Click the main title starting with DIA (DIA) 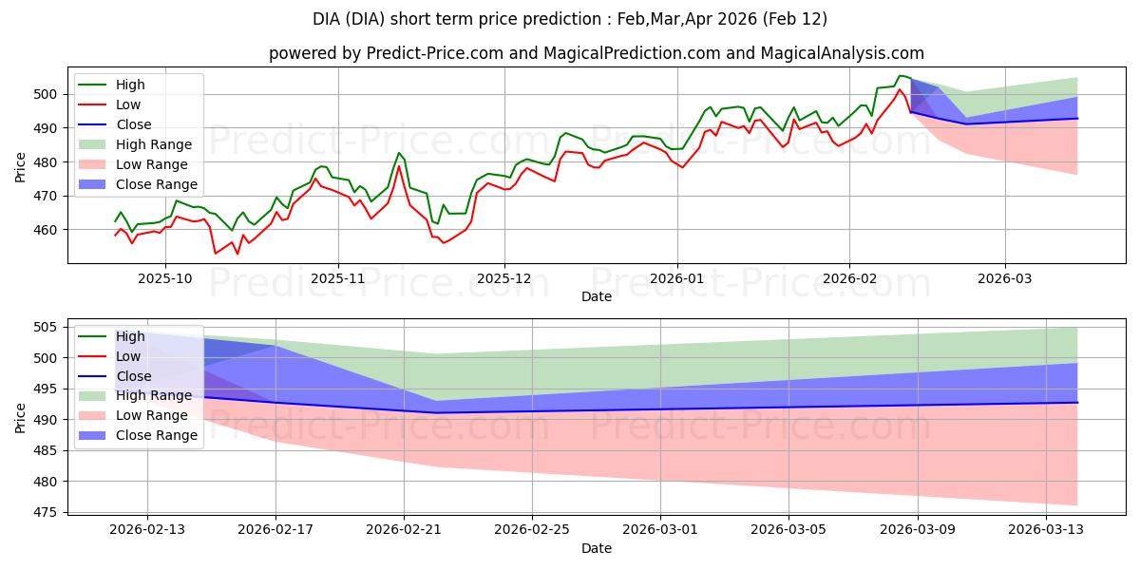[x=570, y=19]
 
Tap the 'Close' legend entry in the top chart [x=132, y=124]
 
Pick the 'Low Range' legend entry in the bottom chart [x=152, y=415]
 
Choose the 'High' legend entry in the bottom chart [x=130, y=336]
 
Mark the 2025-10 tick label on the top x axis [x=165, y=279]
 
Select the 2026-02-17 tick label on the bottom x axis [x=275, y=530]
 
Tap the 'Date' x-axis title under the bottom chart [x=596, y=549]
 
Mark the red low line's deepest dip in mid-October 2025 [x=216, y=254]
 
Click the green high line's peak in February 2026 [x=900, y=76]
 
